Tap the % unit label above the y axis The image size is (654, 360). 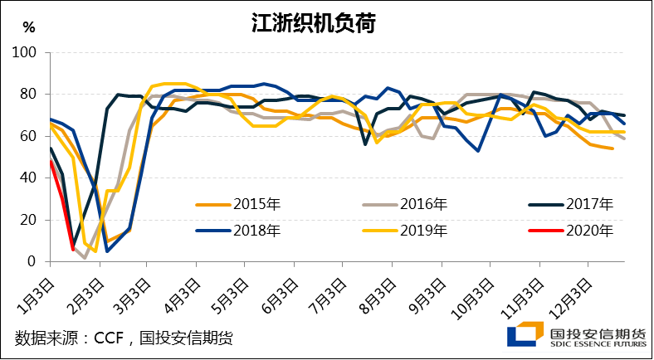click(x=29, y=27)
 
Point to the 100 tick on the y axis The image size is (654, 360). click(x=27, y=52)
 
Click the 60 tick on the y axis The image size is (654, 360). click(x=30, y=136)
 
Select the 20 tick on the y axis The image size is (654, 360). click(x=30, y=220)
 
